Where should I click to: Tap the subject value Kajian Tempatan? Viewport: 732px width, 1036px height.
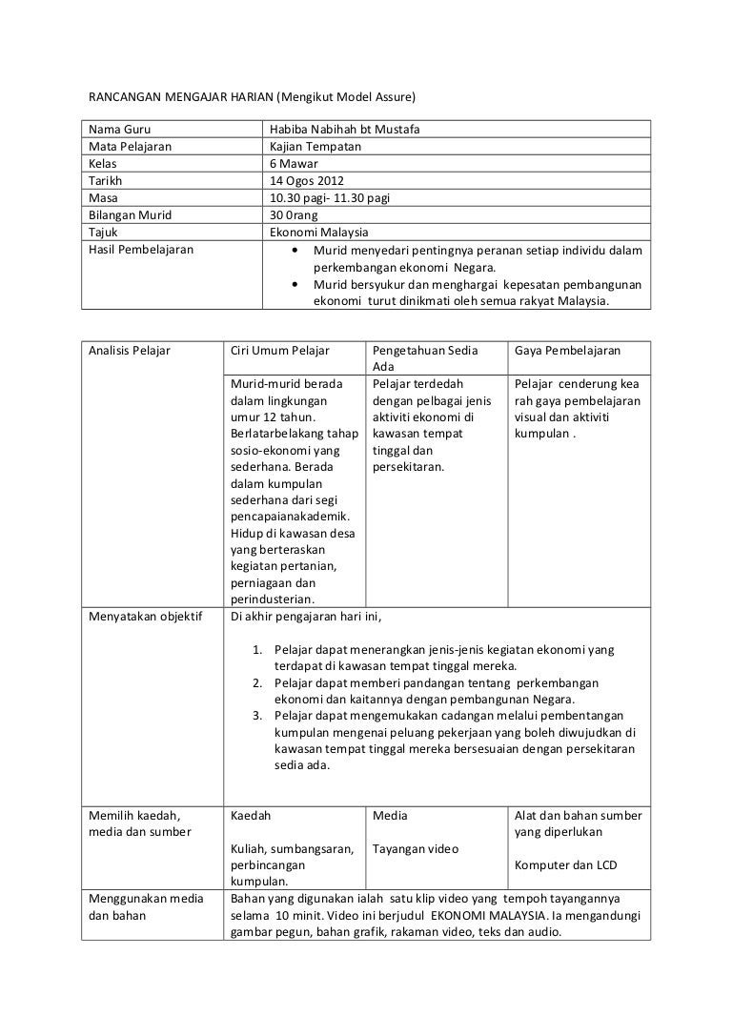tap(315, 147)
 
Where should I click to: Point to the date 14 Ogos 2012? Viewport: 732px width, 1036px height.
tap(307, 181)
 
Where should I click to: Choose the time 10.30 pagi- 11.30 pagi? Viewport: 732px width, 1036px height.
tap(330, 198)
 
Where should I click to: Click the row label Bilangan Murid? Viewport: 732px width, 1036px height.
tap(130, 215)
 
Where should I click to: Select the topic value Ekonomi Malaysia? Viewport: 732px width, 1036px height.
tap(319, 233)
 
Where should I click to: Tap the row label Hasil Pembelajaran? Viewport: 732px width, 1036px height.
tap(140, 250)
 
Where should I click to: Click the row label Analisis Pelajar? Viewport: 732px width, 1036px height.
tap(129, 350)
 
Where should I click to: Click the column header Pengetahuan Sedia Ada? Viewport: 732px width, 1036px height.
tap(425, 357)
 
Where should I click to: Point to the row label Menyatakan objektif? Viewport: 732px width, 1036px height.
tap(145, 616)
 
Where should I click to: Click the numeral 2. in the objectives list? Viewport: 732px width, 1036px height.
tap(257, 683)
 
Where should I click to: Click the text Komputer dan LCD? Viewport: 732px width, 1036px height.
tap(565, 865)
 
